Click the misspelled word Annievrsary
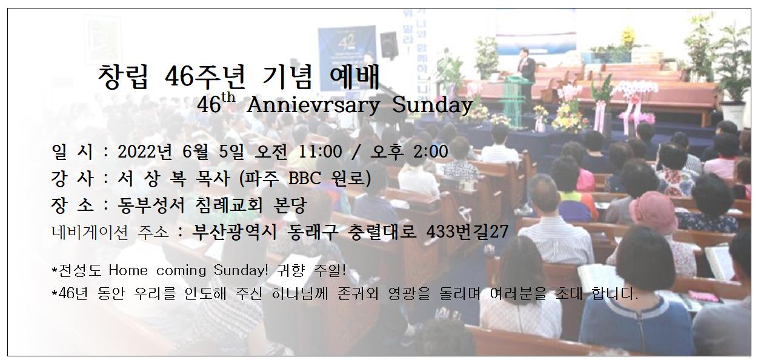pos(313,105)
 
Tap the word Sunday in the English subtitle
pos(433,105)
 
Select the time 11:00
pos(320,152)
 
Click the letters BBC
pos(305,178)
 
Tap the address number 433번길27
pos(467,232)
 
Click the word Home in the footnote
pos(128,270)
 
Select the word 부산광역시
pos(234,232)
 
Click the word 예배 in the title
pos(354,77)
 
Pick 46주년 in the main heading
pos(205,77)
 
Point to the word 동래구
pos(312,232)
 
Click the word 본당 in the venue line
pos(289,205)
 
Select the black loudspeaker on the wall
pos(389,44)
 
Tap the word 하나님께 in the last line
pos(300,293)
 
